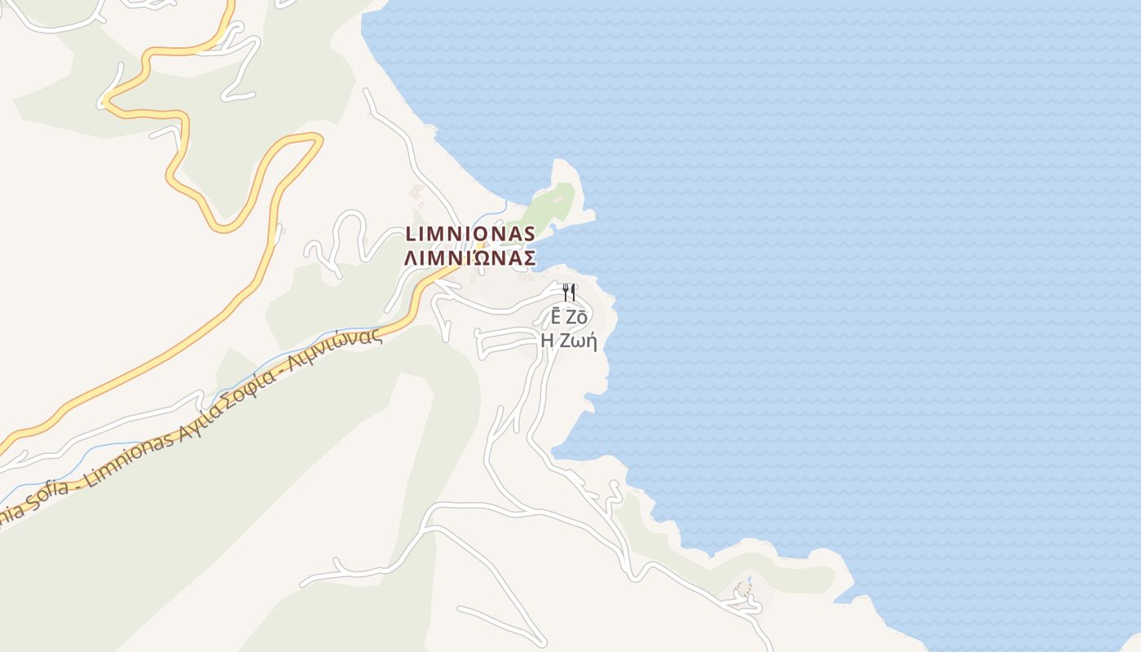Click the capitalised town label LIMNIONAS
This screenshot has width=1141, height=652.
[470, 234]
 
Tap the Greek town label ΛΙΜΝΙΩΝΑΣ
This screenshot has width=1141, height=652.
[470, 258]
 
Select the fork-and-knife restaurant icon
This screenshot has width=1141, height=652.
[569, 292]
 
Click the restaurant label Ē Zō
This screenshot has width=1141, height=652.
[569, 318]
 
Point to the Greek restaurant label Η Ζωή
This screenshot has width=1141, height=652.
[569, 341]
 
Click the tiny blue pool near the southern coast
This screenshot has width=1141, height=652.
[741, 588]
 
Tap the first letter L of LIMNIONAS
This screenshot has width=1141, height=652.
[411, 234]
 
